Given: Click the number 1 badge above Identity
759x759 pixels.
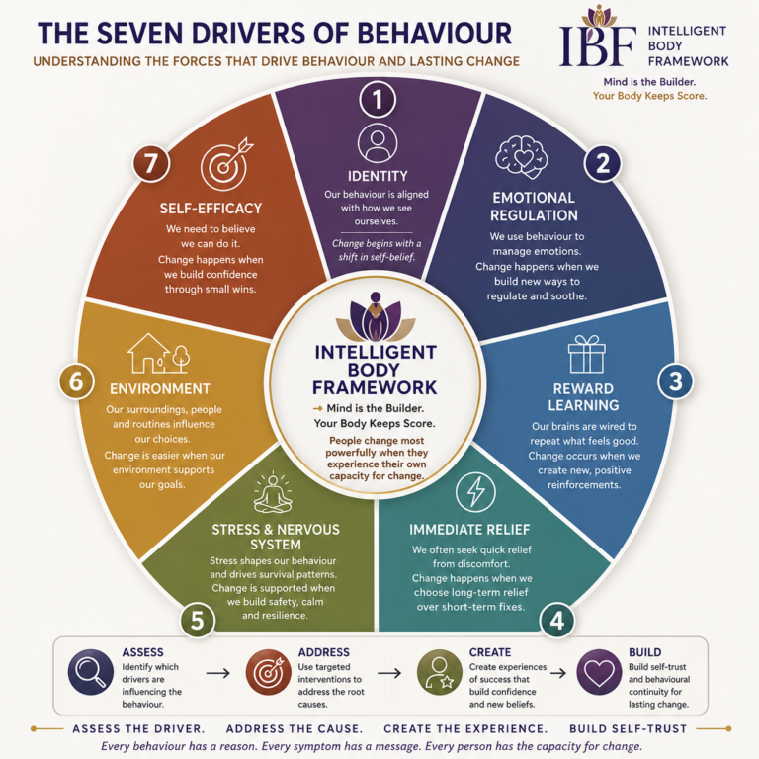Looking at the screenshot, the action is tap(378, 99).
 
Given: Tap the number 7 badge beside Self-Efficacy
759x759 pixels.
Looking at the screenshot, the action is tap(151, 164).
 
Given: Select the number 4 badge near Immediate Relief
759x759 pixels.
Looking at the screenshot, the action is tap(557, 620).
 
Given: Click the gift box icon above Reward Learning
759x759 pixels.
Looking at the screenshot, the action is tap(587, 354).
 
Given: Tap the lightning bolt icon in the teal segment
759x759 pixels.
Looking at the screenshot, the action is tap(475, 492).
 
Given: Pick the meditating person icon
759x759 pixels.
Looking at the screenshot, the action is tap(273, 492).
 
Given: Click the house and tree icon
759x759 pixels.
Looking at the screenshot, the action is tap(158, 353).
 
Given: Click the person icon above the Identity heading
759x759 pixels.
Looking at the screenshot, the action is tap(378, 143).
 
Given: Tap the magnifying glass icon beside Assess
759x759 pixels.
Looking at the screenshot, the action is tap(91, 672).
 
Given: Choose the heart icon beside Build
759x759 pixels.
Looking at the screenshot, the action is tap(599, 672).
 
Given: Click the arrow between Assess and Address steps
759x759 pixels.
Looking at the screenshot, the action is tap(217, 673).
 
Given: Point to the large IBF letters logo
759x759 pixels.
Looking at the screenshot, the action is tap(598, 45).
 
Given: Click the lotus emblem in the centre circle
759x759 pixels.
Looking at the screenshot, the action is tap(376, 317).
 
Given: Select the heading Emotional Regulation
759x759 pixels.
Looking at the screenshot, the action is tap(534, 207).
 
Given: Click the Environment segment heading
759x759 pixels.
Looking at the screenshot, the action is tap(160, 389).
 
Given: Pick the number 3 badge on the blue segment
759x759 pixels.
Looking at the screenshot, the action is tap(676, 381).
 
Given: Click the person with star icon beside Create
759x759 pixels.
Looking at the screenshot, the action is tap(440, 672).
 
